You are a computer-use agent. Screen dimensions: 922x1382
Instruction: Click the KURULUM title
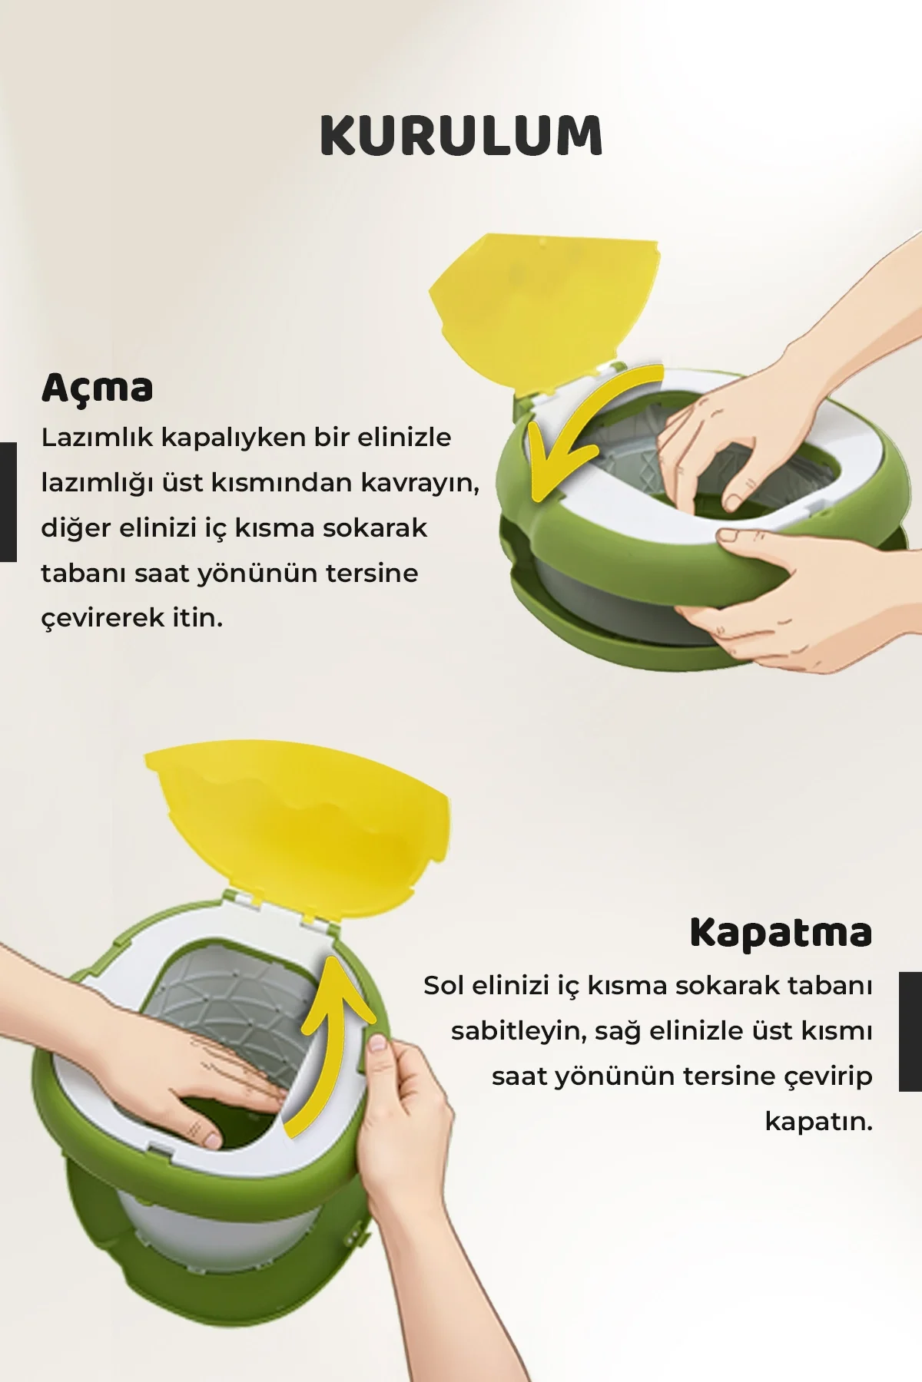click(x=461, y=136)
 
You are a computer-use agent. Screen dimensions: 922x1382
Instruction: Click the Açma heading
click(x=98, y=388)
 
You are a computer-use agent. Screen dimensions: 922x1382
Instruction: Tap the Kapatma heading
click(x=781, y=932)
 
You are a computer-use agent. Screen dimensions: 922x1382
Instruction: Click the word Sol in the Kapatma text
click(x=443, y=986)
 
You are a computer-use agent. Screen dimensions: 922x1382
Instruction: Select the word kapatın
click(x=819, y=1122)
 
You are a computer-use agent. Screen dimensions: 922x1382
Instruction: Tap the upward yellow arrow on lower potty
click(x=330, y=1036)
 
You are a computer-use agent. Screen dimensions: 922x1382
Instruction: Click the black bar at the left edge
click(x=8, y=502)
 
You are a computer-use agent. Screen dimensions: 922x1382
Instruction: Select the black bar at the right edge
click(x=910, y=1031)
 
